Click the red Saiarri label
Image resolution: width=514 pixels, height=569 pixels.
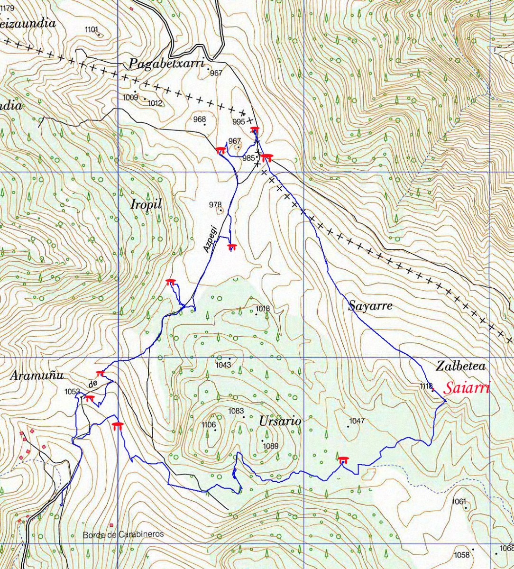pyautogui.click(x=467, y=388)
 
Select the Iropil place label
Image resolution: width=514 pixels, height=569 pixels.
pyautogui.click(x=146, y=204)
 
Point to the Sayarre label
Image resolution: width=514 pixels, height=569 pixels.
pyautogui.click(x=370, y=306)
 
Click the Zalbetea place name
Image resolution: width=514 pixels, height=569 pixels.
pyautogui.click(x=461, y=366)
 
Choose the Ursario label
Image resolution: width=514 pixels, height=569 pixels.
pyautogui.click(x=280, y=421)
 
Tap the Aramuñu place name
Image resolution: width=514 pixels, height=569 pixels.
pyautogui.click(x=37, y=376)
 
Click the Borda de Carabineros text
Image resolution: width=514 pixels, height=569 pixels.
pyautogui.click(x=123, y=534)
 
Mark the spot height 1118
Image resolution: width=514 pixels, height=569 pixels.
pyautogui.click(x=426, y=386)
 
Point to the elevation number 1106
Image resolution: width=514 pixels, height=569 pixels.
pyautogui.click(x=209, y=424)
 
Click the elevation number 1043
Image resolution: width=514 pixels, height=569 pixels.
pyautogui.click(x=223, y=365)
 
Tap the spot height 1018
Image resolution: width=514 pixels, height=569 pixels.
pyautogui.click(x=262, y=309)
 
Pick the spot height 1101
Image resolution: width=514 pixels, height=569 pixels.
pyautogui.click(x=92, y=29)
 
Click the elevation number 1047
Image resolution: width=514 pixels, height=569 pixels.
pyautogui.click(x=357, y=421)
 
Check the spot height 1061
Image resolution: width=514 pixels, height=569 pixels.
pyautogui.click(x=459, y=501)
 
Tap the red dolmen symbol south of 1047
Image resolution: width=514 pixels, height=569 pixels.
pyautogui.click(x=343, y=459)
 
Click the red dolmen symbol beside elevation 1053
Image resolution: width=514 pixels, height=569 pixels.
pyautogui.click(x=89, y=398)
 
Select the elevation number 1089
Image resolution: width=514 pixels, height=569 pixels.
pyautogui.click(x=270, y=446)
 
